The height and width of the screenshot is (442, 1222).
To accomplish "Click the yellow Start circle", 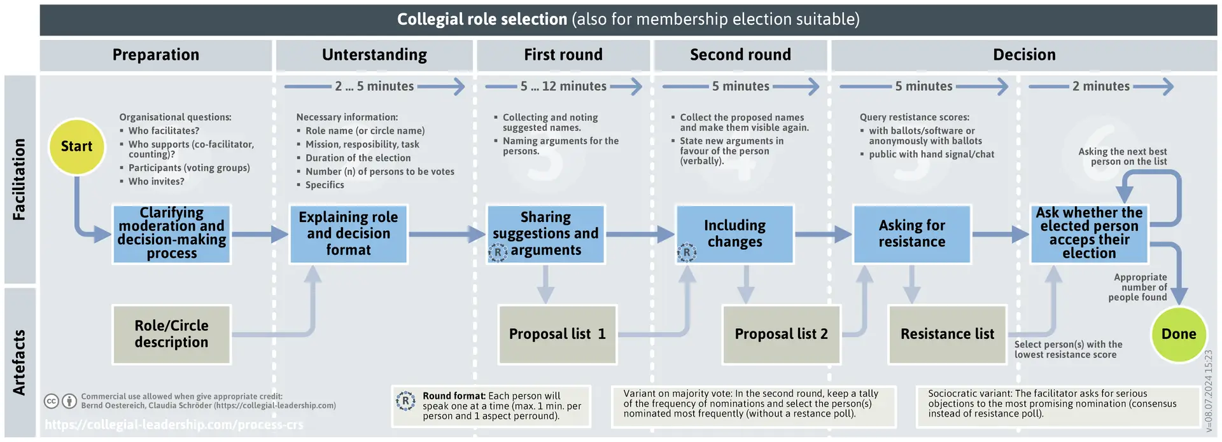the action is pos(76,146).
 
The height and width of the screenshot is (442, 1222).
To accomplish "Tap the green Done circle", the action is pos(1179,334).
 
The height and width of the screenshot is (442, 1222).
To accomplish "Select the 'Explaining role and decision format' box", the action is pos(348,233).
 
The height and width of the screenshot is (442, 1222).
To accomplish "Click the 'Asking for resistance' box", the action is pos(911,233).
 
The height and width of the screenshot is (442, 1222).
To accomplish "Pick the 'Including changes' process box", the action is pos(734,233).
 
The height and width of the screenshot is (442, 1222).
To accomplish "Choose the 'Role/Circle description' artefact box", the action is pos(171,334).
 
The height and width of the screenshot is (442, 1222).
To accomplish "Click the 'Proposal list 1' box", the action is pos(558,334).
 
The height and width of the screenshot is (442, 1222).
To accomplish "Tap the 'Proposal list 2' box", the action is pos(781,334).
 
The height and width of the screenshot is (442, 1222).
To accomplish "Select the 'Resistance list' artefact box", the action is pos(947,334).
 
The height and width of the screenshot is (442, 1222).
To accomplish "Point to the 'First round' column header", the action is pos(563,55).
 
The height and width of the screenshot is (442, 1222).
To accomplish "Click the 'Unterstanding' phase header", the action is pos(374,55).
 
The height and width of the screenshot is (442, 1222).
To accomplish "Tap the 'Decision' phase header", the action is pos(1024,55).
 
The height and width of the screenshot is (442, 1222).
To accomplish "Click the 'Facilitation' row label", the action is pos(20,179).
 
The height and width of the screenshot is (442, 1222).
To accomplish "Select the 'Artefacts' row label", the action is pos(20,363).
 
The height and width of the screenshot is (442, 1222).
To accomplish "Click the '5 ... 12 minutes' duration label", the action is pos(563,86).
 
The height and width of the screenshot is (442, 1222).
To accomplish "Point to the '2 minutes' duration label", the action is pos(1101,86).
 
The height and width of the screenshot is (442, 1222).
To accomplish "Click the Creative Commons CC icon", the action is pos(52,401).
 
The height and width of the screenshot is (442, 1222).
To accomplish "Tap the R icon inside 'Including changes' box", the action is pos(686,252).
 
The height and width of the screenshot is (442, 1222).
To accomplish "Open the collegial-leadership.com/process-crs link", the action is pos(174,424).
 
